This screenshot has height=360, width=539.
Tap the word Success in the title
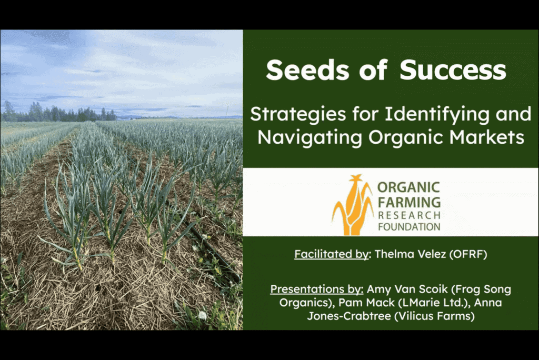click(453, 70)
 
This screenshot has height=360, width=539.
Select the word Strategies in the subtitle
click(298, 115)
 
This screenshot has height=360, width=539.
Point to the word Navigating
click(310, 137)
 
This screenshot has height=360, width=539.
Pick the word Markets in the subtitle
click(486, 137)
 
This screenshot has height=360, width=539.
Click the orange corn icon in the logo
click(353, 205)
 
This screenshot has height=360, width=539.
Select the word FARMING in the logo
click(409, 202)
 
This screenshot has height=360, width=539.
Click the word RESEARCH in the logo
click(409, 216)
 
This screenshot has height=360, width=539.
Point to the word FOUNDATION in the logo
click(409, 227)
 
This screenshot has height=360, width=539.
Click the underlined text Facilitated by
click(332, 254)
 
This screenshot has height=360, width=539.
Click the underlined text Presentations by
click(316, 289)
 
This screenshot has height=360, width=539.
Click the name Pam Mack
click(366, 303)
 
